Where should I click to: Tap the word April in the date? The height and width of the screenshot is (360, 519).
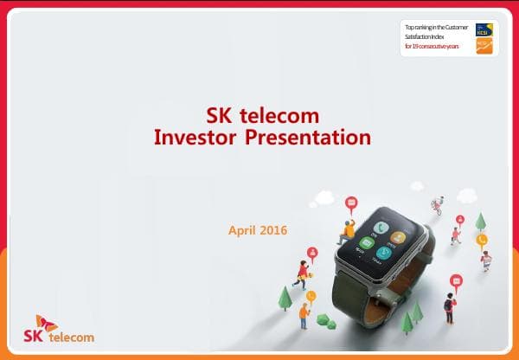click(243, 231)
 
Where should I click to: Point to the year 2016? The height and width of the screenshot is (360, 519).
click(273, 231)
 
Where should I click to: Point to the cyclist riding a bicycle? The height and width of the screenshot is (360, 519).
click(438, 206)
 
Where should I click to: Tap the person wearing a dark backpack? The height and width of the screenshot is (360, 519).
click(449, 306)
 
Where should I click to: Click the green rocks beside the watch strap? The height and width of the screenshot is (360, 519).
click(326, 320)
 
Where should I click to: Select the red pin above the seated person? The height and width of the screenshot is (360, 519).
click(350, 204)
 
